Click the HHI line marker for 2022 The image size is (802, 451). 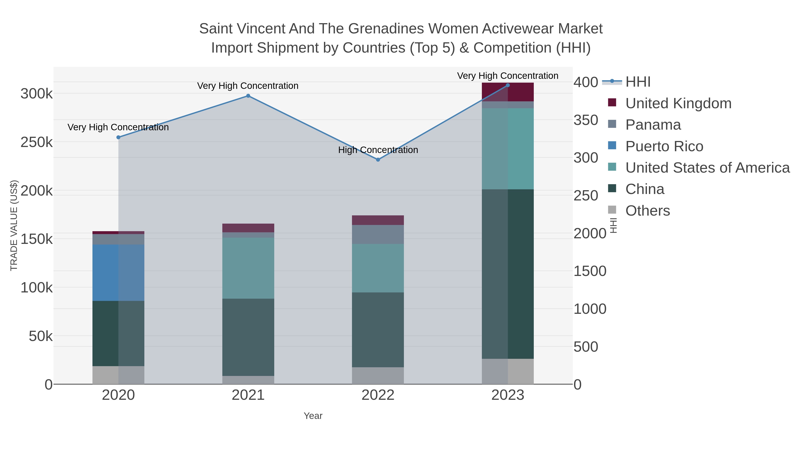click(378, 160)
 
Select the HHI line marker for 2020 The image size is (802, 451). click(118, 137)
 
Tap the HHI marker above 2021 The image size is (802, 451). click(248, 96)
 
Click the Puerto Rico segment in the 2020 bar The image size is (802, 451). click(118, 273)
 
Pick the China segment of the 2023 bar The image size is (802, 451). click(508, 274)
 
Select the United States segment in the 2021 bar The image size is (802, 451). click(248, 268)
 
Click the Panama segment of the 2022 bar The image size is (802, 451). click(378, 234)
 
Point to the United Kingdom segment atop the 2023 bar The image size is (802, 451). click(508, 92)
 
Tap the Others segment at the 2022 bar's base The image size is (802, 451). click(378, 376)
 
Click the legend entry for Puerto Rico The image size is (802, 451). click(664, 146)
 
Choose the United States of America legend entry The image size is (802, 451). click(707, 168)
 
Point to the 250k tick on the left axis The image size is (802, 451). click(37, 143)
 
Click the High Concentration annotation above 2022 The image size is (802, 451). click(378, 150)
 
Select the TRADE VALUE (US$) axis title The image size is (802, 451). click(14, 225)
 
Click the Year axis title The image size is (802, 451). click(313, 416)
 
